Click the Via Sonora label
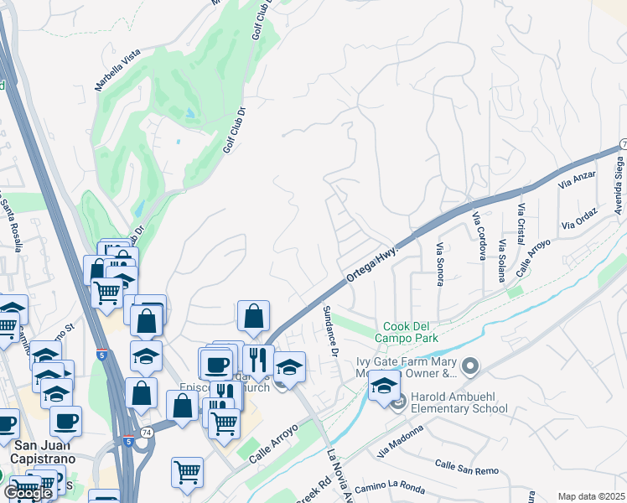438,264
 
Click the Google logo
28,493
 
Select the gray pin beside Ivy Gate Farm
469,365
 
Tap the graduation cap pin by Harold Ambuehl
384,386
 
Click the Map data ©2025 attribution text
591,496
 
